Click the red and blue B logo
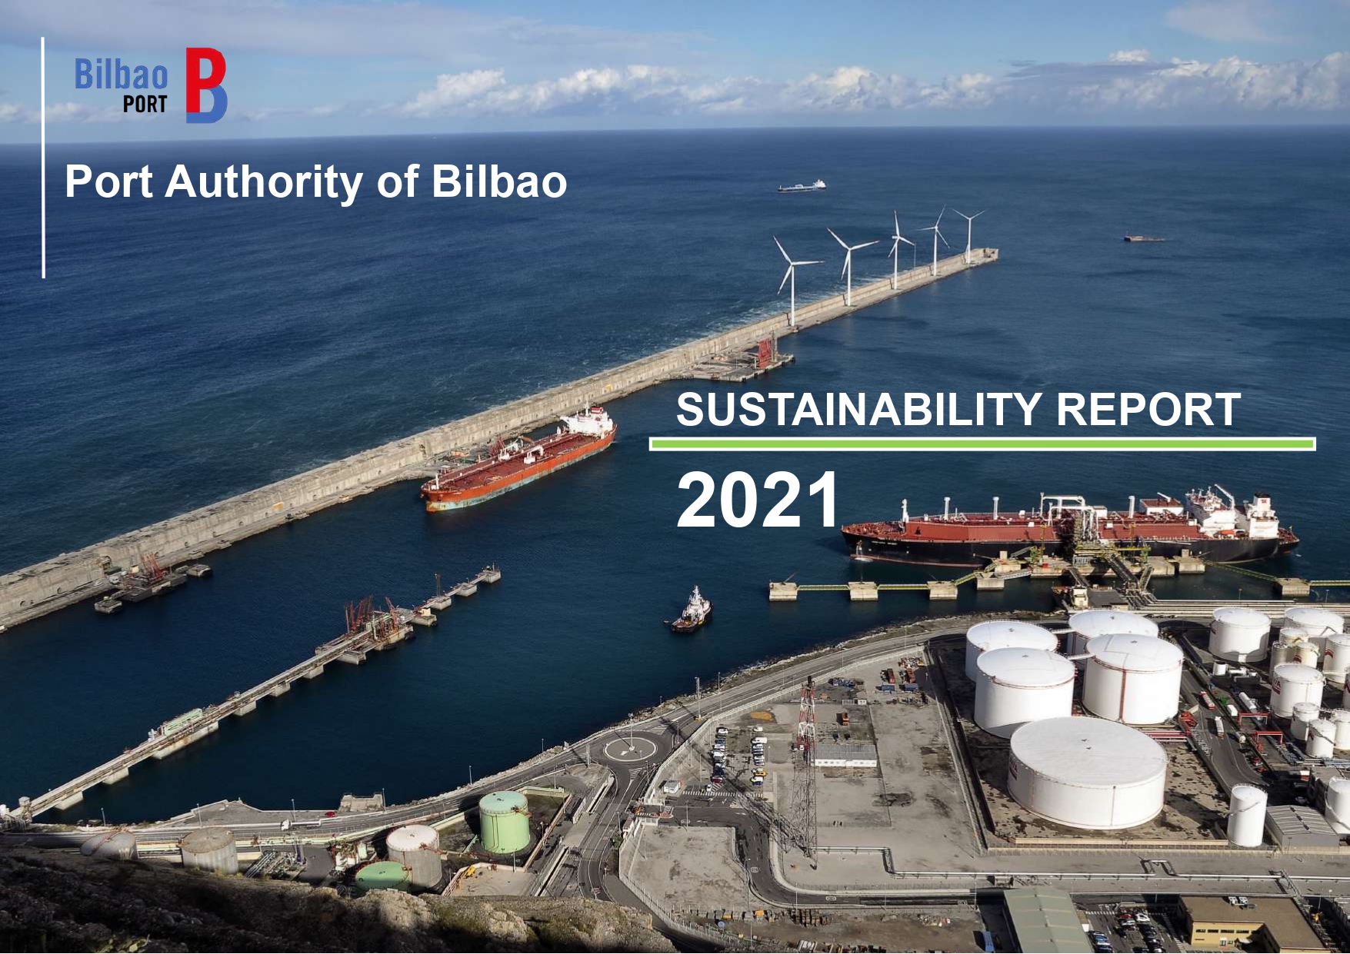[206, 85]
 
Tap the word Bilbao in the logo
[121, 75]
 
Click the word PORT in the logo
[145, 105]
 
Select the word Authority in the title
[264, 182]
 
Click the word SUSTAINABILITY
[859, 409]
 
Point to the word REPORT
[1148, 409]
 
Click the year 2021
[758, 500]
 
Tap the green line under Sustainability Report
[982, 444]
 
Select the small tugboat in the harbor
[692, 612]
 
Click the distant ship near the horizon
[802, 186]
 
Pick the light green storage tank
[505, 823]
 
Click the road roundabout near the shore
[630, 748]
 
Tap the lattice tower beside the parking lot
[805, 769]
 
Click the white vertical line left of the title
[43, 158]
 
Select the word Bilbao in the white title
[499, 181]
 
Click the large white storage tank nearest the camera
[1088, 772]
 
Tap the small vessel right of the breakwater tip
[1144, 238]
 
